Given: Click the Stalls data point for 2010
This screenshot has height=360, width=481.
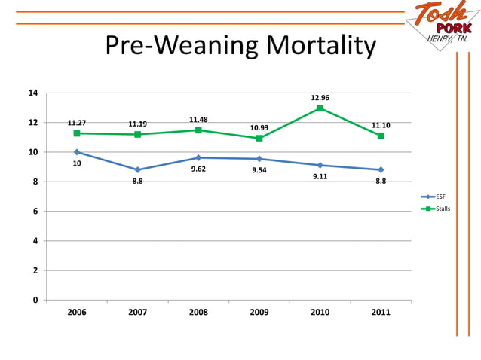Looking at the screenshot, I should [320, 108].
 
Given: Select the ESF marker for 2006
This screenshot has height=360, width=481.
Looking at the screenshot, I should [77, 152].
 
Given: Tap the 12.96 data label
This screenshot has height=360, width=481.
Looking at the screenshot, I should [320, 98].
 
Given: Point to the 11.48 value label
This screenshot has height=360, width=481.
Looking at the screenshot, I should [198, 120].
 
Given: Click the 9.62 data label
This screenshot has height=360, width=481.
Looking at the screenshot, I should [198, 169].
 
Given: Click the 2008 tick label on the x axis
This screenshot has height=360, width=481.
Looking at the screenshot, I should [198, 312].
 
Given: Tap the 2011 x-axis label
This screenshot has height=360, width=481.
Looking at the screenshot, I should [381, 312].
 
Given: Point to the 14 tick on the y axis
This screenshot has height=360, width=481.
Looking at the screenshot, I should [33, 93].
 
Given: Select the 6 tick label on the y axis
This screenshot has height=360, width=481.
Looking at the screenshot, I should [35, 212].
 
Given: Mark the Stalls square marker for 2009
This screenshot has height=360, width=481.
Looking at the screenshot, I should [259, 139].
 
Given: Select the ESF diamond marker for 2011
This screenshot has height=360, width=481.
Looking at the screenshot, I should [381, 169].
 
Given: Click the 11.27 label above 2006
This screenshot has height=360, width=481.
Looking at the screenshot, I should [77, 123].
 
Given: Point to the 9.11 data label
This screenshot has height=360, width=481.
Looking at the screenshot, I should [320, 177].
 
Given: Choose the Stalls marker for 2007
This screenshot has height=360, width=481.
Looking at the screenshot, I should [137, 135].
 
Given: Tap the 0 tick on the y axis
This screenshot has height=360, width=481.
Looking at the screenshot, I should [35, 301].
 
